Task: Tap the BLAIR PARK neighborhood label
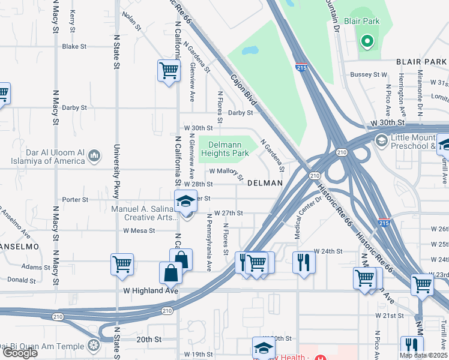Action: tap(421, 62)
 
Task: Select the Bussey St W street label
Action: tap(369, 74)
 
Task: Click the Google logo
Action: tap(20, 352)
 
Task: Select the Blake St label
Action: tap(75, 46)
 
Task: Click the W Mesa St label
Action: tap(139, 230)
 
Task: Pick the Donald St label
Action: tap(21, 280)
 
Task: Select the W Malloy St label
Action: tap(226, 174)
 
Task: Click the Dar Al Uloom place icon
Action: tap(94, 157)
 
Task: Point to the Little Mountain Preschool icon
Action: tap(381, 140)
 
